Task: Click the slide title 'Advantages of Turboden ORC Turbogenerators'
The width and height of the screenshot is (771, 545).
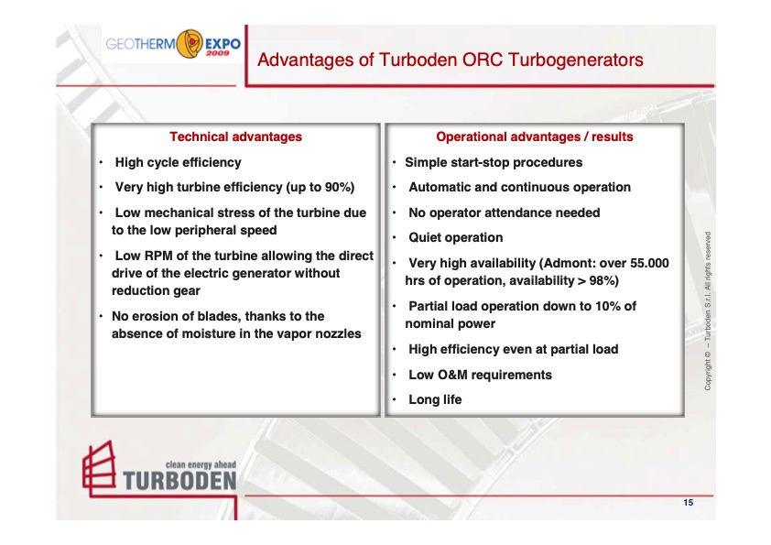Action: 451,60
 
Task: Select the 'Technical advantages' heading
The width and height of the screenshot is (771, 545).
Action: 235,136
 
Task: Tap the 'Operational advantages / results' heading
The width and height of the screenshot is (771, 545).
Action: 534,136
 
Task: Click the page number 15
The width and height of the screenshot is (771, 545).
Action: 688,501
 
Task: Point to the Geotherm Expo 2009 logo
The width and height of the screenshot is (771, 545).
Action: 173,43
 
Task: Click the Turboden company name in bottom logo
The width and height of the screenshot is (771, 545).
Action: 179,480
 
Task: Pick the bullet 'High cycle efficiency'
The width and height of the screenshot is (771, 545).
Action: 178,162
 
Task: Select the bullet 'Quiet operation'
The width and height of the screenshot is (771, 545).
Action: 455,238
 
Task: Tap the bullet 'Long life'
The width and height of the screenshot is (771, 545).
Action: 435,399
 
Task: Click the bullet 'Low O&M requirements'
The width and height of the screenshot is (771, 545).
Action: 480,375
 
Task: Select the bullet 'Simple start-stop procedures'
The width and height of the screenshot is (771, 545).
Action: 494,162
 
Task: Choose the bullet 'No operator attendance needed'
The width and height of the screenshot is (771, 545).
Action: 504,213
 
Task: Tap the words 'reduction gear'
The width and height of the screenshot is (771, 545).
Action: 156,290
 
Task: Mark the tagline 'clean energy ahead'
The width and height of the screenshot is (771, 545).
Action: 201,465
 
